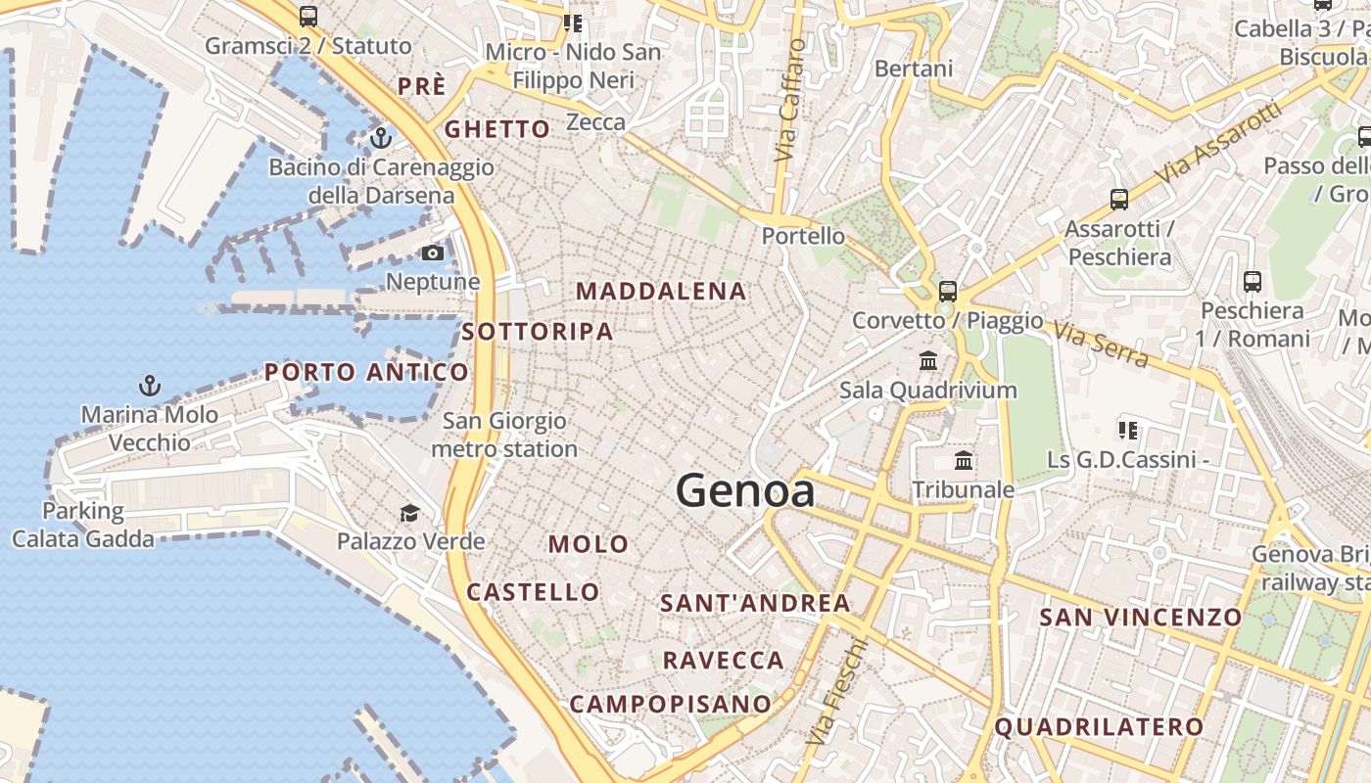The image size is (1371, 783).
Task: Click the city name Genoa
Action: pyautogui.click(x=745, y=490)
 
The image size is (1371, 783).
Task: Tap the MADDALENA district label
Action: pyautogui.click(x=661, y=291)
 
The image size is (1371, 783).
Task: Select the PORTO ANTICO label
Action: pyautogui.click(x=366, y=372)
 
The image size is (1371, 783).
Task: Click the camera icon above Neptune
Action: pyautogui.click(x=432, y=253)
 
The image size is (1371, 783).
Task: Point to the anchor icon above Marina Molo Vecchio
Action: pyautogui.click(x=150, y=385)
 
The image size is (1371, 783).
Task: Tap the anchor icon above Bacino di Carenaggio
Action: pyautogui.click(x=381, y=137)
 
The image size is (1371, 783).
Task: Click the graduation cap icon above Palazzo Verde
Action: pyautogui.click(x=409, y=513)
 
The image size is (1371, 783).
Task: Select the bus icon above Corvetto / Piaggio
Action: pyautogui.click(x=947, y=291)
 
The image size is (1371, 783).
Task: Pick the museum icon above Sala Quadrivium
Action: pyautogui.click(x=928, y=361)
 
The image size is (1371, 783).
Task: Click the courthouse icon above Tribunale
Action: pyautogui.click(x=964, y=460)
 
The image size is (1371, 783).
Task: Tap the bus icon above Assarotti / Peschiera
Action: pyautogui.click(x=1118, y=200)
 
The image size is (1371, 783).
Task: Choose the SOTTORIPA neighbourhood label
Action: pyautogui.click(x=538, y=332)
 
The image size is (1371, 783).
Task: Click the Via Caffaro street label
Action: pyautogui.click(x=789, y=100)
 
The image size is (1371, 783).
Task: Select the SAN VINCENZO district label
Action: pyautogui.click(x=1140, y=617)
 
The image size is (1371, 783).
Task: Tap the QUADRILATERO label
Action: pyautogui.click(x=1099, y=726)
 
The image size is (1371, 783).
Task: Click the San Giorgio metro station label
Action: pyautogui.click(x=504, y=436)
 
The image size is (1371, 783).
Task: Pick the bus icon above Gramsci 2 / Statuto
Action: pyautogui.click(x=308, y=17)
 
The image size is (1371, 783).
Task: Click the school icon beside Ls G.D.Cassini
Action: pyautogui.click(x=1127, y=430)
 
